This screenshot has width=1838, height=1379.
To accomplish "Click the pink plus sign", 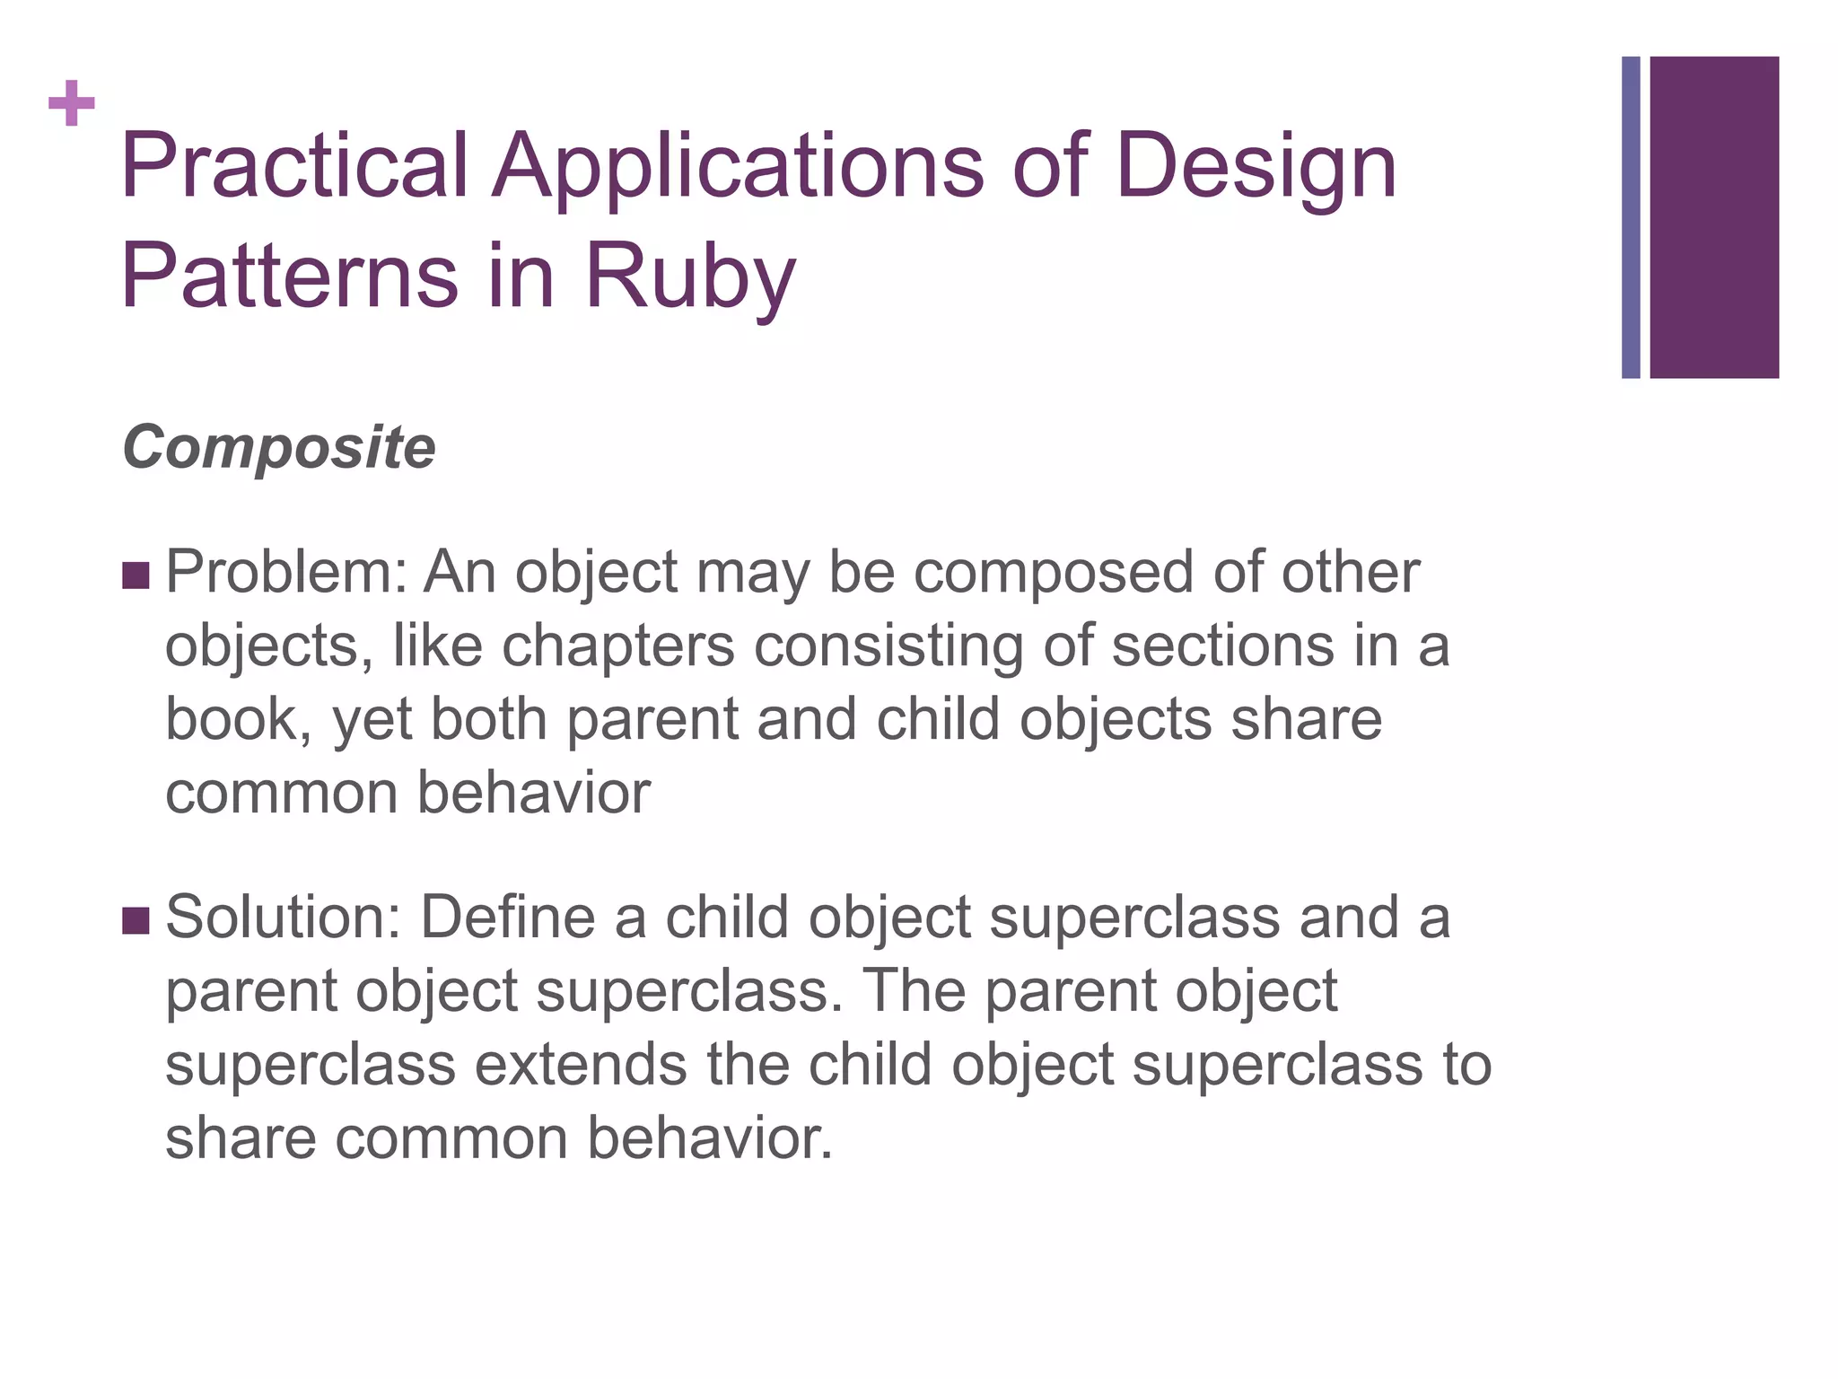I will (72, 103).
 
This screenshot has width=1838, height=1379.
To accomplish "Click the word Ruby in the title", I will (690, 277).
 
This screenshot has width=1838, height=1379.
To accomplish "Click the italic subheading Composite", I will (279, 446).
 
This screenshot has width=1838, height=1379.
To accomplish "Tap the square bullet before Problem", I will (136, 575).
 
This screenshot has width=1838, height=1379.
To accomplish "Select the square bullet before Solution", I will (136, 920).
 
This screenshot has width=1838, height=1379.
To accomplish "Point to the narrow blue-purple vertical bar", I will (1631, 217).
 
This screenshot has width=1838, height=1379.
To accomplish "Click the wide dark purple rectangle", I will (1714, 217).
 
